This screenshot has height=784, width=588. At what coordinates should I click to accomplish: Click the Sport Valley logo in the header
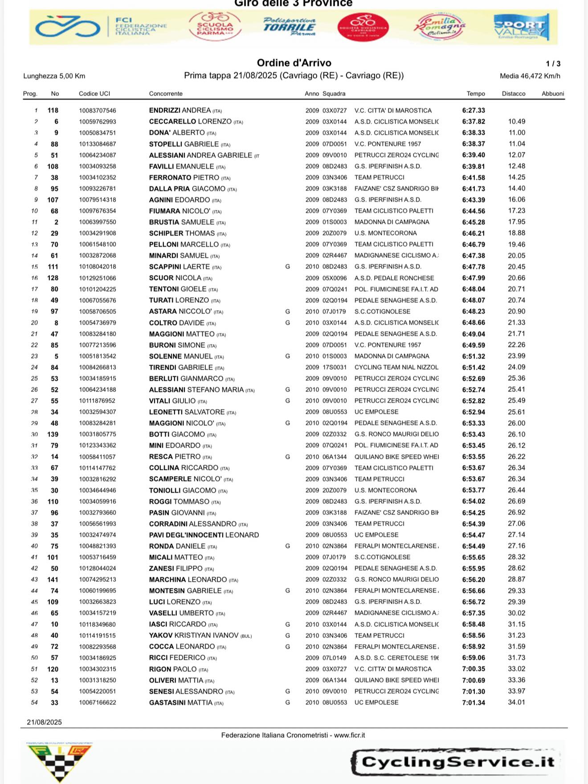(521, 28)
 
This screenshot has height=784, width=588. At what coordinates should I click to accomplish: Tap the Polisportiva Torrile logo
(289, 27)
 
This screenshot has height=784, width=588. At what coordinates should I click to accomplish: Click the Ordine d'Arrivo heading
(294, 63)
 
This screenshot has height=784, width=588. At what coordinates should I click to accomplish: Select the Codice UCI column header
(94, 94)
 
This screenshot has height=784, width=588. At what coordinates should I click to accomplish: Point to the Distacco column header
(514, 94)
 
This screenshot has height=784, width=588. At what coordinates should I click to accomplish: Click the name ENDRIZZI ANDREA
(180, 110)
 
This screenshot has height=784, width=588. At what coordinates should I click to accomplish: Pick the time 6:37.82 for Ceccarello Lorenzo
(474, 122)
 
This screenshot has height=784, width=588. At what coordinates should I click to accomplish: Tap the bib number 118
(53, 110)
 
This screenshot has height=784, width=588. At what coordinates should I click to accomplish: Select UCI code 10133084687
(98, 144)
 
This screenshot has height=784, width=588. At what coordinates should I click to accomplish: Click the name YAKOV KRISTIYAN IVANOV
(194, 635)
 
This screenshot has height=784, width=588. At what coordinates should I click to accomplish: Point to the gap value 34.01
(516, 702)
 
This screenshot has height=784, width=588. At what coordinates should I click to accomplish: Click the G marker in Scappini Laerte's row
(288, 266)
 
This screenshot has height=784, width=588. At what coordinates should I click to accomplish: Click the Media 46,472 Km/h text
(530, 76)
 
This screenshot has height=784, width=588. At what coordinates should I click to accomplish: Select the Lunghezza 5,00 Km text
(54, 76)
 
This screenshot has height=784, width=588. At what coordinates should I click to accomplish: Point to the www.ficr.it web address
(349, 735)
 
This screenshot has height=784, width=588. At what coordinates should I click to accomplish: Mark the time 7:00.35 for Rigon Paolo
(474, 669)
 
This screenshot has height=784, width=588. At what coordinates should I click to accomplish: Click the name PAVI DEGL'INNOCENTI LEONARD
(204, 535)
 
